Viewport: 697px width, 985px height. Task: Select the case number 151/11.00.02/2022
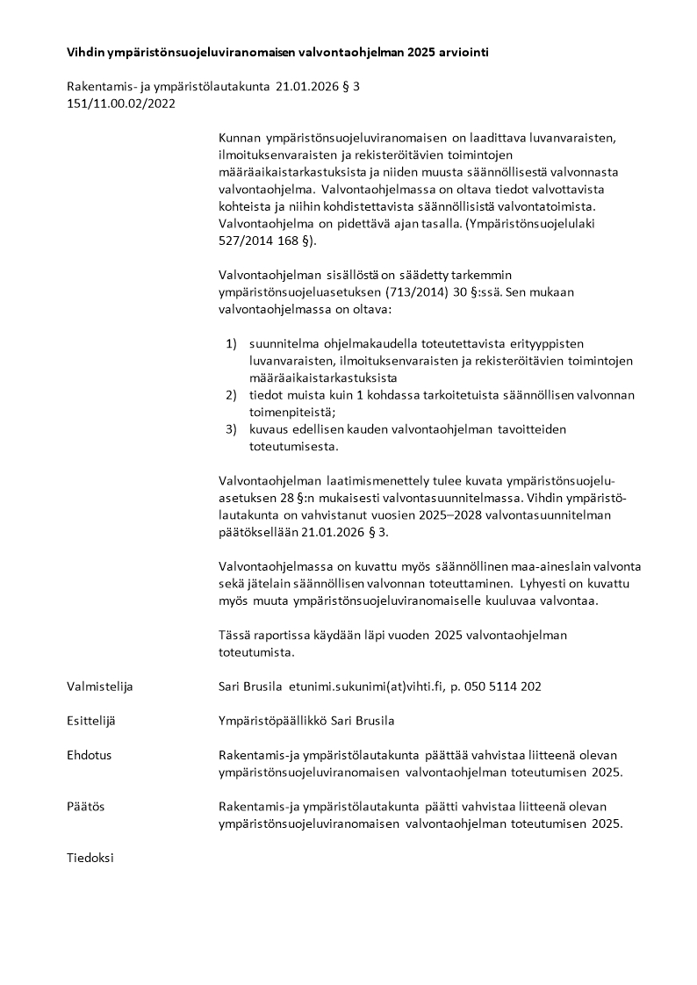coord(121,103)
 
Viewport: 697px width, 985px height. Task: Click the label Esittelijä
coord(91,721)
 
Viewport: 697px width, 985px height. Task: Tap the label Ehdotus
coord(89,755)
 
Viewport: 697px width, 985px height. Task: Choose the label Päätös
coord(85,806)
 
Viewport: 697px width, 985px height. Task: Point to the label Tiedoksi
coord(90,857)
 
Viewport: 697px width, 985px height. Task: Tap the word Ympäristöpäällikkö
coord(273,721)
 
